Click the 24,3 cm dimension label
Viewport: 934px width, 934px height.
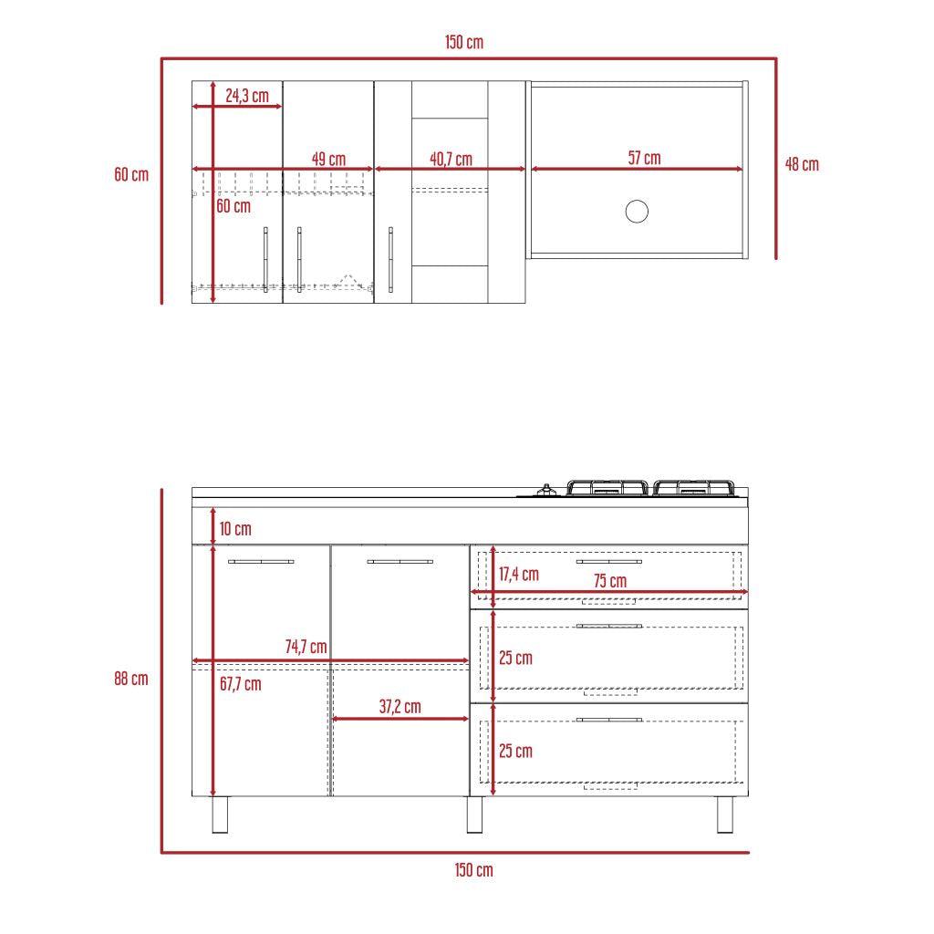[247, 95]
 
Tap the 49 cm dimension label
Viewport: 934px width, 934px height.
[328, 159]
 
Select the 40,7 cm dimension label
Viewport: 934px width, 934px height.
[451, 159]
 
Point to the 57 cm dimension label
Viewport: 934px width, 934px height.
[645, 158]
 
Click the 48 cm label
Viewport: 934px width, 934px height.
[802, 164]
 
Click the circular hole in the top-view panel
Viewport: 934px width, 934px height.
[637, 212]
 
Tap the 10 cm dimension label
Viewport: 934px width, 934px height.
[235, 529]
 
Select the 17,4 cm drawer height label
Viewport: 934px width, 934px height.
[519, 575]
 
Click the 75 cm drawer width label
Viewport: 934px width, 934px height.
[610, 581]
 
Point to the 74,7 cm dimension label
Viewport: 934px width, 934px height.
[306, 647]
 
